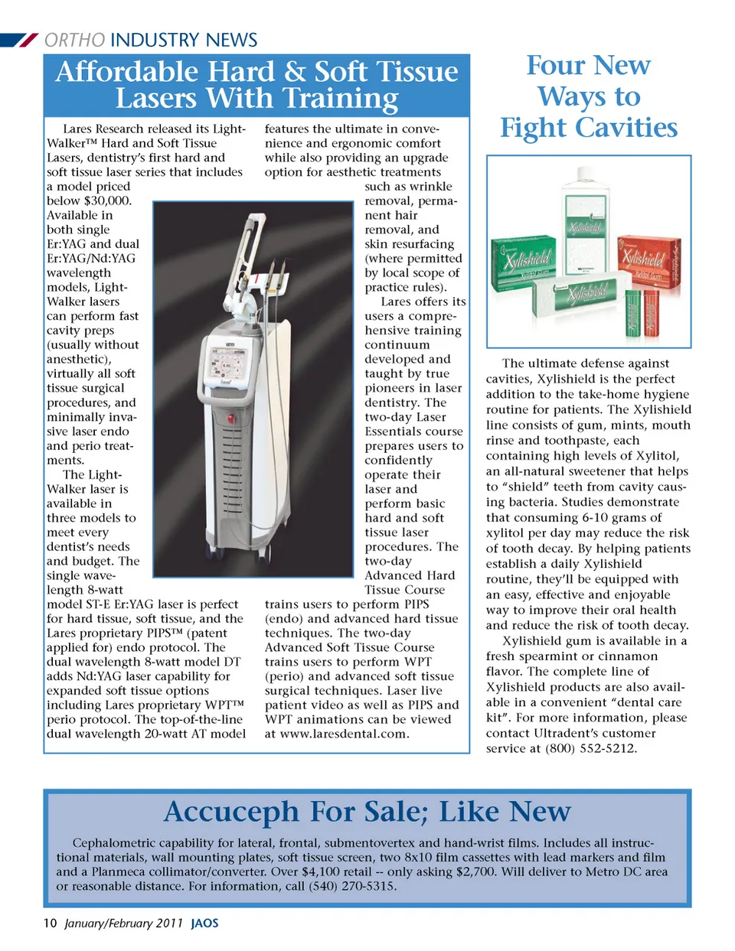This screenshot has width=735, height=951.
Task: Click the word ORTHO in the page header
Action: [x=74, y=40]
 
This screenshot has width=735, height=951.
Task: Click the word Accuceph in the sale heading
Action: [x=233, y=812]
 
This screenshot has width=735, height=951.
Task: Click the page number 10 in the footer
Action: [x=50, y=923]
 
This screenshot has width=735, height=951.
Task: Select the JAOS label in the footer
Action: [x=204, y=923]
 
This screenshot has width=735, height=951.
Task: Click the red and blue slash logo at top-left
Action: [x=20, y=40]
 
